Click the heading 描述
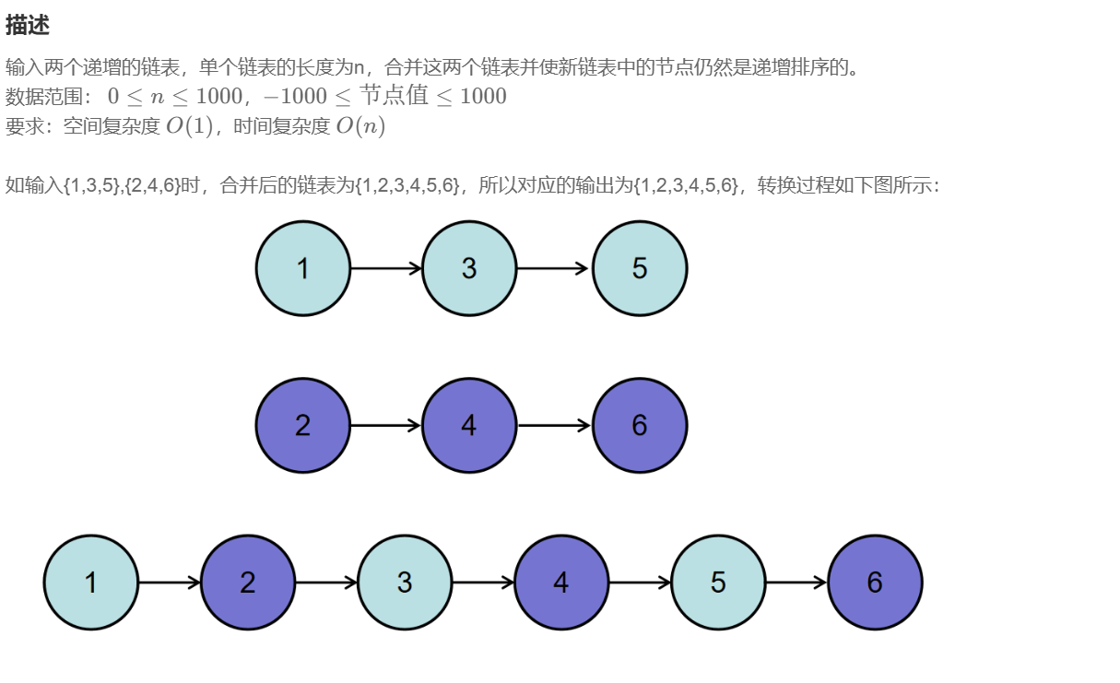(28, 26)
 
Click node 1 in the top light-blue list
(303, 268)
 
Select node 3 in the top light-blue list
(469, 268)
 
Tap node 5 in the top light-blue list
(640, 268)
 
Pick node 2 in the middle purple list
(303, 425)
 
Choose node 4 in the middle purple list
(469, 425)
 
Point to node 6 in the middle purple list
(640, 425)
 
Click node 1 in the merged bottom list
(91, 583)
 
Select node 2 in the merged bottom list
(248, 583)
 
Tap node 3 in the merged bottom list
(405, 583)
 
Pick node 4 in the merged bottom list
(561, 583)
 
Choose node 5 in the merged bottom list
(718, 583)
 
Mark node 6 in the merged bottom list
(875, 583)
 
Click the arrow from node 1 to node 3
(386, 268)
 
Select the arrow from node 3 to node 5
(553, 268)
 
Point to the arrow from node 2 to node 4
(386, 425)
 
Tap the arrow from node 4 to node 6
(553, 425)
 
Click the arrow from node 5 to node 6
(796, 583)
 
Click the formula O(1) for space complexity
(189, 126)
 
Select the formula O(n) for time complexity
(360, 126)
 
